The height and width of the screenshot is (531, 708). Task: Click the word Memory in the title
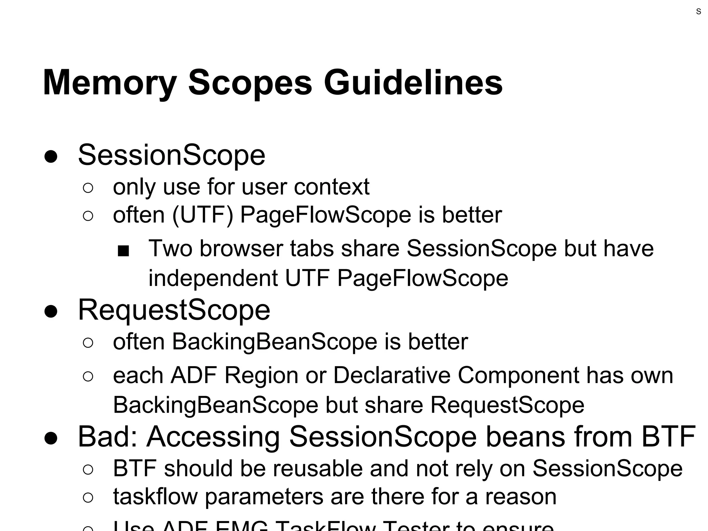(110, 83)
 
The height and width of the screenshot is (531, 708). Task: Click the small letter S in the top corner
(698, 12)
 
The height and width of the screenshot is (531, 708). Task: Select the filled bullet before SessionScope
(51, 157)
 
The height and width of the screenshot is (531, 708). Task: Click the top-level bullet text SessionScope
(171, 155)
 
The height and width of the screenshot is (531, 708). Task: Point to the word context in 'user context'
(332, 187)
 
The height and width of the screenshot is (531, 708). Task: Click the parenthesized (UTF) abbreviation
(203, 215)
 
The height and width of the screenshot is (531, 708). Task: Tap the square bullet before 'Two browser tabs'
(123, 251)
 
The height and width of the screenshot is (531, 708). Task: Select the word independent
(213, 278)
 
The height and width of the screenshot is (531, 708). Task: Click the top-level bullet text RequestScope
(174, 310)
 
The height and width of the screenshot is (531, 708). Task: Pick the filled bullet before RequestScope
(51, 311)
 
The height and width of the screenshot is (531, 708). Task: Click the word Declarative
(392, 375)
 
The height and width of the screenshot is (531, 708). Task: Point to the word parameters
(264, 497)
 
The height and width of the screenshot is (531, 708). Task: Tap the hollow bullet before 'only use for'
(88, 188)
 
